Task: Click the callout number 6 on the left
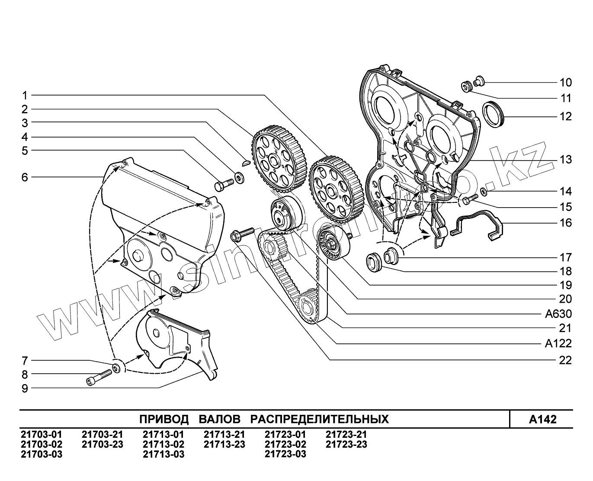25,177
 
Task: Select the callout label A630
558,314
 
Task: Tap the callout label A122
558,343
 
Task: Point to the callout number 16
565,223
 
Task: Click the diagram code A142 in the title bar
542,419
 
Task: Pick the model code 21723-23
346,444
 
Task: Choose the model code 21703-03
42,454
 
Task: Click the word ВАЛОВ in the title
220,419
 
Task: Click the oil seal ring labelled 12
494,113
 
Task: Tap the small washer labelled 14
484,191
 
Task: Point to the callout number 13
565,160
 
